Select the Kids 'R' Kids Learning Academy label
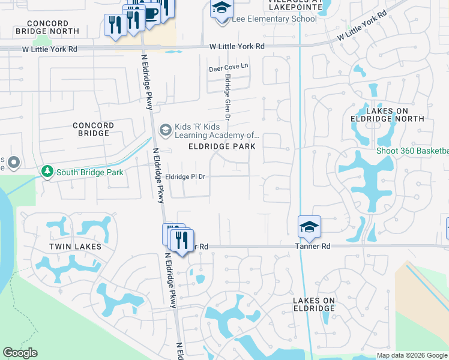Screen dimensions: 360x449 (217, 131)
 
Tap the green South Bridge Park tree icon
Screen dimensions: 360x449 (47, 172)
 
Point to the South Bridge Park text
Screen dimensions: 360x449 (89, 172)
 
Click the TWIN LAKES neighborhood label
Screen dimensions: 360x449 (75, 247)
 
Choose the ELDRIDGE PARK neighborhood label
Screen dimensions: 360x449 (222, 146)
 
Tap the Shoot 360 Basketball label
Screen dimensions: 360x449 (412, 151)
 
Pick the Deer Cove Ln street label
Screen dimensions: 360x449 (228, 68)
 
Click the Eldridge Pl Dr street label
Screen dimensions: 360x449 (185, 177)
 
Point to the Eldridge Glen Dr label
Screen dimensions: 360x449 (228, 96)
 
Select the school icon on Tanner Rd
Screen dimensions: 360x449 (309, 227)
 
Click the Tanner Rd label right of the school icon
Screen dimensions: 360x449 (313, 247)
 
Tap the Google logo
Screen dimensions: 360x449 (20, 353)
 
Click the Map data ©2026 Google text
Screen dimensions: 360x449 (412, 355)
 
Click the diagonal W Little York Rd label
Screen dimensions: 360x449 (360, 28)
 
